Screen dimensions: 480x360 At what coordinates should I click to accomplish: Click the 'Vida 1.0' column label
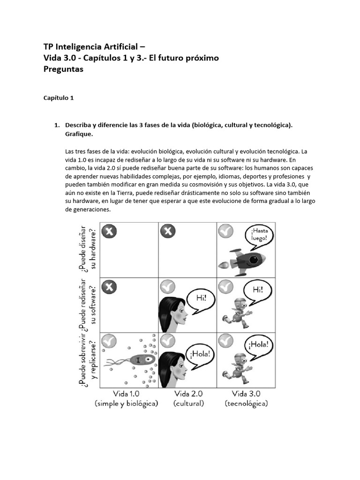pyautogui.click(x=126, y=393)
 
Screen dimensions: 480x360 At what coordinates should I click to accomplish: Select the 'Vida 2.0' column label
pyautogui.click(x=188, y=393)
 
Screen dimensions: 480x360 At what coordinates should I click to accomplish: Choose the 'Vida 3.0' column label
pyautogui.click(x=246, y=393)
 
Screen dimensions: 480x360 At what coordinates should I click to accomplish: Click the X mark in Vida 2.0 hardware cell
pyautogui.click(x=167, y=231)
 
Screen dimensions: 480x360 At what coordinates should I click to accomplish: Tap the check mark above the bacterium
pyautogui.click(x=109, y=340)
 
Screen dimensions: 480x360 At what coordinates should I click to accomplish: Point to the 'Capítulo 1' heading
pyautogui.click(x=59, y=98)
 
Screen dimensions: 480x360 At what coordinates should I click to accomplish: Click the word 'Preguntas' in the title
pyautogui.click(x=63, y=69)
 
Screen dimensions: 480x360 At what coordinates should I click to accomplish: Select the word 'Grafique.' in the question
pyautogui.click(x=79, y=134)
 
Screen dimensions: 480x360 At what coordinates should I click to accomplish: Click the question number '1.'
pyautogui.click(x=58, y=125)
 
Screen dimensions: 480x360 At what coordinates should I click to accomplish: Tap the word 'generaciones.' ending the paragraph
pyautogui.click(x=88, y=210)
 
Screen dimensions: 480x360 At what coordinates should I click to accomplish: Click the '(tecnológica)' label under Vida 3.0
pyautogui.click(x=246, y=403)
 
